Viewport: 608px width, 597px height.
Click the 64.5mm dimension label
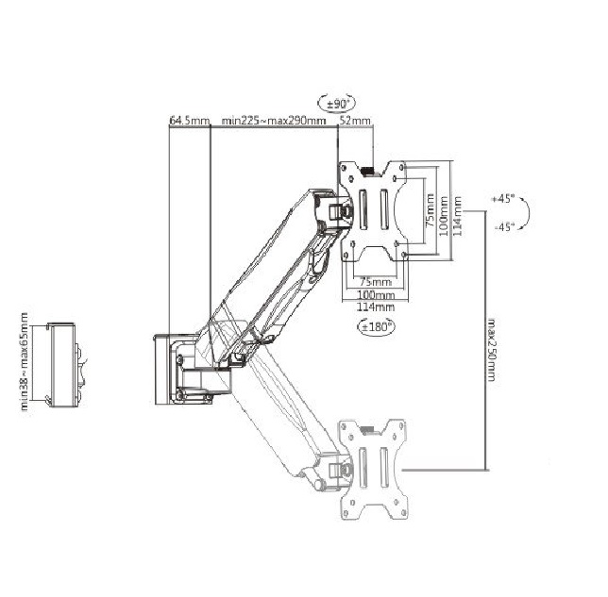click(x=189, y=121)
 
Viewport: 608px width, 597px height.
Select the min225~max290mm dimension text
click(x=274, y=121)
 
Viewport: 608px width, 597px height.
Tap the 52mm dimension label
click(x=355, y=121)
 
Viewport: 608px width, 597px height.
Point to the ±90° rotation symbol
click(x=336, y=104)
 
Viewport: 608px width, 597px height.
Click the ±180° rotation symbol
click(x=377, y=326)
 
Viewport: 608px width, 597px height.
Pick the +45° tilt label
click(x=503, y=200)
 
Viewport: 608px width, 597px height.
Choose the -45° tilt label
click(x=504, y=227)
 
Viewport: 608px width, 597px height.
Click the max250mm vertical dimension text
click(x=491, y=350)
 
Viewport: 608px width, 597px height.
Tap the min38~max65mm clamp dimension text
click(x=24, y=361)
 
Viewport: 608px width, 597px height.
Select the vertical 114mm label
click(x=458, y=216)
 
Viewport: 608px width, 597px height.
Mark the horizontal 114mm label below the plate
click(x=376, y=307)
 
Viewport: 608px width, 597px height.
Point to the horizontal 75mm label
click(x=376, y=282)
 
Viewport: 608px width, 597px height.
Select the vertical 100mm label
click(x=444, y=216)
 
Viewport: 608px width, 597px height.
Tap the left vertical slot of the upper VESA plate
click(x=363, y=209)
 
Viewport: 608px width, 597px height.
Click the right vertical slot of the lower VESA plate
click(x=384, y=468)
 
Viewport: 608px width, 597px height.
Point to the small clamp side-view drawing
click(x=64, y=365)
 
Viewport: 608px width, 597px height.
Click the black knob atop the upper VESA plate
click(x=367, y=171)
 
